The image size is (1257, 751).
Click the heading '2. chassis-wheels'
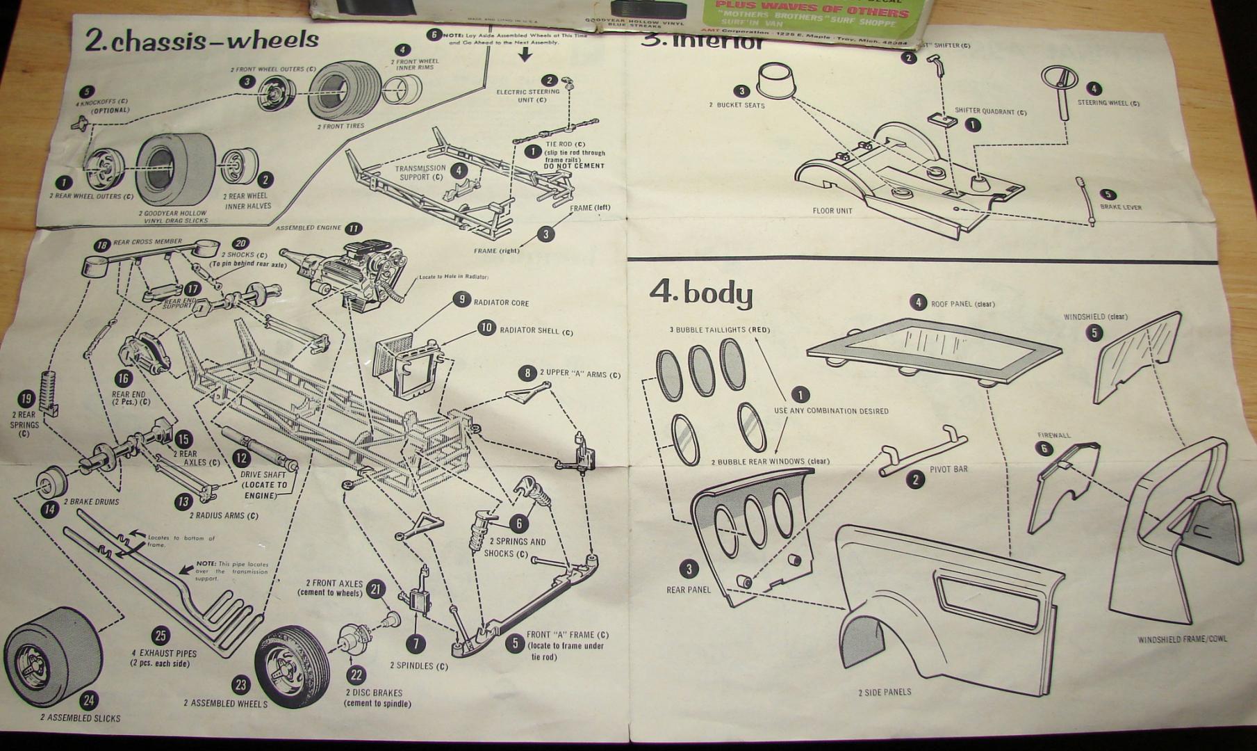coord(202,40)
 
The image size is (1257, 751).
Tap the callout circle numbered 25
coord(161,636)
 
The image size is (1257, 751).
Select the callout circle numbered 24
coord(88,700)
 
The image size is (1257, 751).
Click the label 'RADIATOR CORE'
coord(501,303)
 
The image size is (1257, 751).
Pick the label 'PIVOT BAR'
coord(948,469)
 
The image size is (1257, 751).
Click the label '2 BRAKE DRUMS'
coord(91,501)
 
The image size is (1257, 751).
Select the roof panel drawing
coord(935,350)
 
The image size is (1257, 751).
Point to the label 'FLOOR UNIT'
coord(832,211)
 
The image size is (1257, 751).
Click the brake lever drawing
coord(1085,201)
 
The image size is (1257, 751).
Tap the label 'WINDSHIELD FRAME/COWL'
coord(1182,639)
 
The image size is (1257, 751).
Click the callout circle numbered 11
coord(354,228)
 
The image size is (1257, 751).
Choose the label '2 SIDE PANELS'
coord(884,692)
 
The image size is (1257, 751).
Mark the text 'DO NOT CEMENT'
coord(574,166)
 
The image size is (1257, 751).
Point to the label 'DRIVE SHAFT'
coord(263,475)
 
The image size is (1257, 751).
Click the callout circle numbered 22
coord(356,675)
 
